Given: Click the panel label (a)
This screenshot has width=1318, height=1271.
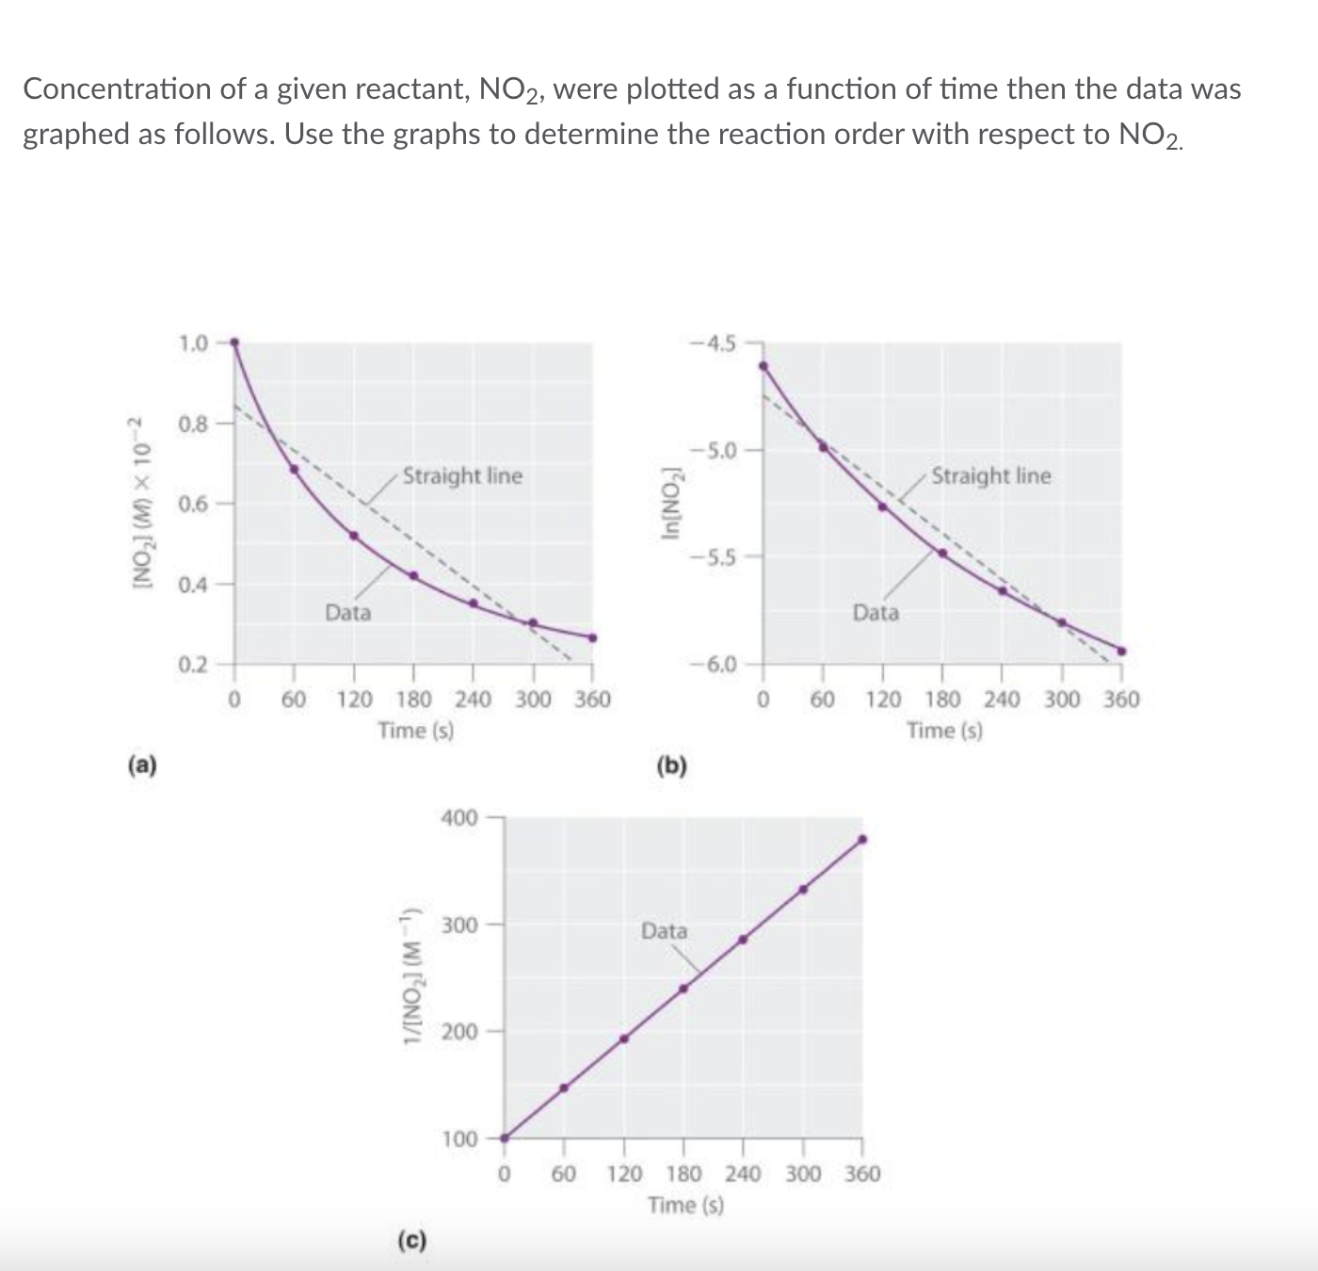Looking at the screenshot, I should pos(142,764).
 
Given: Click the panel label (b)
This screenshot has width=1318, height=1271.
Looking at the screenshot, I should pos(671,765).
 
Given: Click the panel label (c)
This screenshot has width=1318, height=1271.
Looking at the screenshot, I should pos(411,1240).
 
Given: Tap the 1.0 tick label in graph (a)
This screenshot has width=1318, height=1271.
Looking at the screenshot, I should pos(193,342).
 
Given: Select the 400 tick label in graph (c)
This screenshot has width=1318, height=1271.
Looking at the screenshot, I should pos(459,817).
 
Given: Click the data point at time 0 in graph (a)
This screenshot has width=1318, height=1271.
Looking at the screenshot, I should pos(234,343).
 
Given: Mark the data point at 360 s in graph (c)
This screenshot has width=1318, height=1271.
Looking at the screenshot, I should pos(862,839).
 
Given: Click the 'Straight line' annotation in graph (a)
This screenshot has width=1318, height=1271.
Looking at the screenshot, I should pos(462,475).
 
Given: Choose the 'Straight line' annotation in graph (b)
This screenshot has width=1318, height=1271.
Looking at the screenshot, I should pos(991,475).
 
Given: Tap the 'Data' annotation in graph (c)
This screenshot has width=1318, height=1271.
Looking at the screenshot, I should pos(664,931).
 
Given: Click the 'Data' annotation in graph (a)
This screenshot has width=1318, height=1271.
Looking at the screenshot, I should pos(348,613).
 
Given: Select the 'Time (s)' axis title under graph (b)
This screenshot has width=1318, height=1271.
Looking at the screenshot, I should pos(944,730).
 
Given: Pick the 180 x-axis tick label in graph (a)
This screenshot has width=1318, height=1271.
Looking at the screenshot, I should pos(414,700).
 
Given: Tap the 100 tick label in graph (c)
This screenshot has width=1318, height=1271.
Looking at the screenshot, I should pos(459,1139).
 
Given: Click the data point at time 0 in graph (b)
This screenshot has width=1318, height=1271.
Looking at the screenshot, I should pos(763,366).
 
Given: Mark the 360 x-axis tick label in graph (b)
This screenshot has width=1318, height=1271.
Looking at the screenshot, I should pos(1121,700).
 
